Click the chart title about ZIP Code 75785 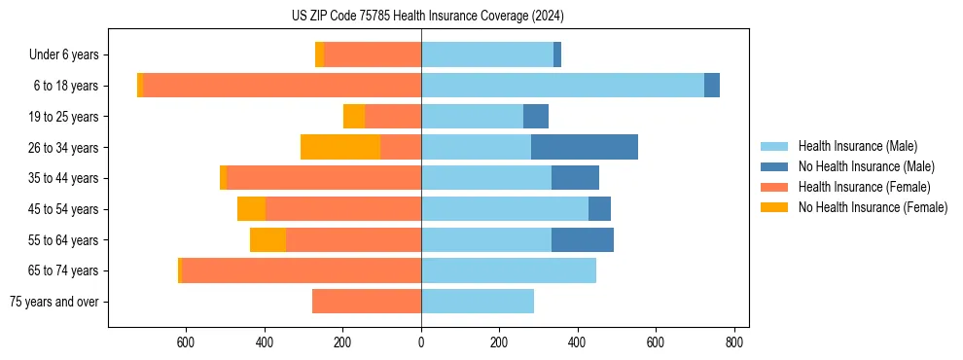(427, 16)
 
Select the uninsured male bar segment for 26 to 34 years (584, 147)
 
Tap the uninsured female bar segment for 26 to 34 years (339, 147)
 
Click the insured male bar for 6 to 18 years (562, 86)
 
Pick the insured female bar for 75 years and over (366, 301)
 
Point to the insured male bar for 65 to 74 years (508, 270)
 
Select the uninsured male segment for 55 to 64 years (582, 239)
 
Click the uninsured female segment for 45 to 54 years (251, 209)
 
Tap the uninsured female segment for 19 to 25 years (353, 117)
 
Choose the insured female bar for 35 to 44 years (323, 178)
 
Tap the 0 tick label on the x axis (421, 342)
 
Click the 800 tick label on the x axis (734, 342)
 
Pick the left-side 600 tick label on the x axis (186, 342)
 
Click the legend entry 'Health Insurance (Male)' (857, 146)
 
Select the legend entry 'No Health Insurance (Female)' (872, 207)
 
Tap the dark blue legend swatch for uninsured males (774, 166)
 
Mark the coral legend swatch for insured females (774, 187)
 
